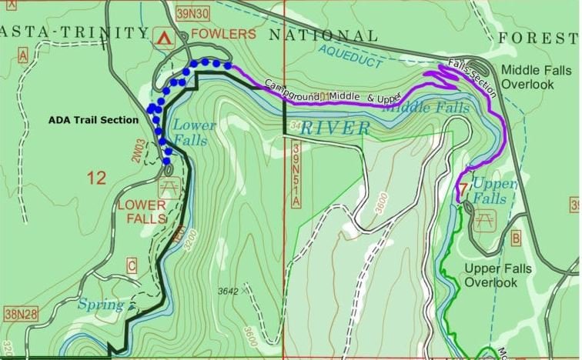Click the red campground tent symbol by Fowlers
pos(162,36)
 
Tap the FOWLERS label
pos(222,34)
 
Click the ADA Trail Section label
pos(93,120)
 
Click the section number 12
pos(96,178)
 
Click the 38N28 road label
pos(21,315)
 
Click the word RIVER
pos(334,128)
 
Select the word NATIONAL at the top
pos(323,36)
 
